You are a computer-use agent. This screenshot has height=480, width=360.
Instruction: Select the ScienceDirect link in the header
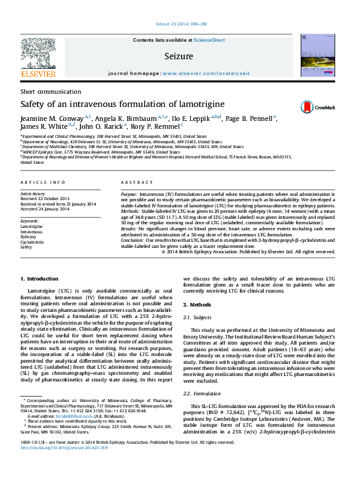[x=209, y=40]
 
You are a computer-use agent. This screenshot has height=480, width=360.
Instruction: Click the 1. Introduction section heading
[x=39, y=278]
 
